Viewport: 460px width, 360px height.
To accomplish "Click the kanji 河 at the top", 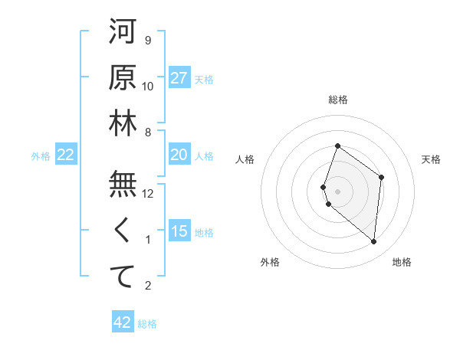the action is click(123, 32).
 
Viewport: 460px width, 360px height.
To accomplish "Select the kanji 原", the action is click(123, 77).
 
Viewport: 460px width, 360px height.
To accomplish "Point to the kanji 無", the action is click(123, 185).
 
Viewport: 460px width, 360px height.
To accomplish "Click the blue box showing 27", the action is click(179, 78).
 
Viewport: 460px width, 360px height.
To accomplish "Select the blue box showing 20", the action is click(179, 155).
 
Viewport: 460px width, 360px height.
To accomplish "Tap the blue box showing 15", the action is click(179, 231).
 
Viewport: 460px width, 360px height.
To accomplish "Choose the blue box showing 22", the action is click(66, 155).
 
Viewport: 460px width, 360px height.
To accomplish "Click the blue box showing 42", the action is click(123, 322).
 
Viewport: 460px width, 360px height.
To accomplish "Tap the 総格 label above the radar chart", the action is click(338, 100).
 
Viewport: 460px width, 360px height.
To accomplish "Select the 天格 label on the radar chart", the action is click(431, 159).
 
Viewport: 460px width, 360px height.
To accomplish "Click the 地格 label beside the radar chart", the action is click(402, 262).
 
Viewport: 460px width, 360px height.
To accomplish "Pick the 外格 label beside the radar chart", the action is click(270, 262).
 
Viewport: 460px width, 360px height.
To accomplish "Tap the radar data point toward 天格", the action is click(382, 178).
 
